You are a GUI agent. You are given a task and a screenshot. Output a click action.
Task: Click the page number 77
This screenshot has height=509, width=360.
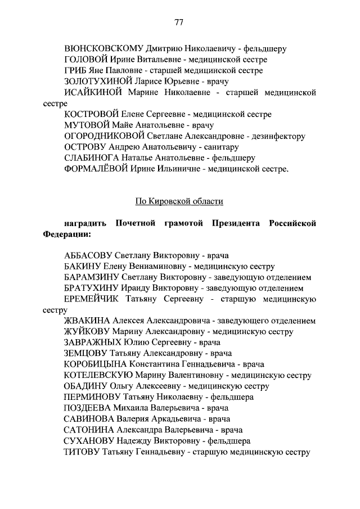[179, 22]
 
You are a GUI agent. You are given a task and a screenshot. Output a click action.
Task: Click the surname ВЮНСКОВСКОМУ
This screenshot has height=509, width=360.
[105, 48]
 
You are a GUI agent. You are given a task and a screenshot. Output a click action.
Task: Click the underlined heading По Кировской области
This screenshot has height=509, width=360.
[179, 201]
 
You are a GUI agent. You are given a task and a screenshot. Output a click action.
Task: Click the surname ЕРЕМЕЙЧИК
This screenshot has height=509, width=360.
[92, 299]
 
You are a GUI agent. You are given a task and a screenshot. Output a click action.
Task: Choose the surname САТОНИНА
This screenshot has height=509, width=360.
[88, 430]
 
